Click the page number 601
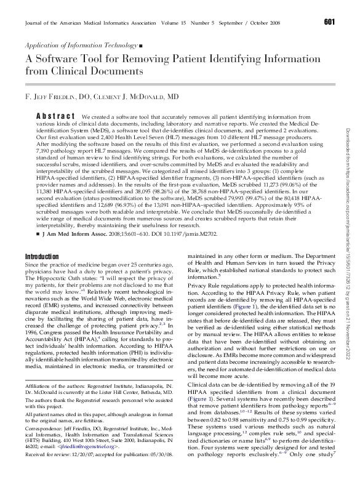pyautogui.click(x=329, y=23)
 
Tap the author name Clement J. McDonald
pyautogui.click(x=141, y=97)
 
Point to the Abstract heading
pyautogui.click(x=55, y=116)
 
